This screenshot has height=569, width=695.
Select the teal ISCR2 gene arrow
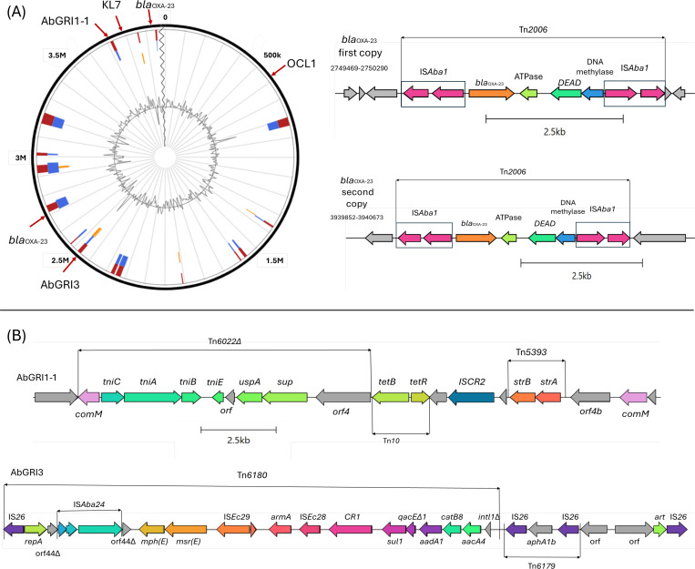[x=471, y=397]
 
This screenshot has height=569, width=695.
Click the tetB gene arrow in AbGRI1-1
[x=390, y=397]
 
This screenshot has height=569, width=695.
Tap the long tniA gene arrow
[x=152, y=397]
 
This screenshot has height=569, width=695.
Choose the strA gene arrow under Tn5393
[x=548, y=397]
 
